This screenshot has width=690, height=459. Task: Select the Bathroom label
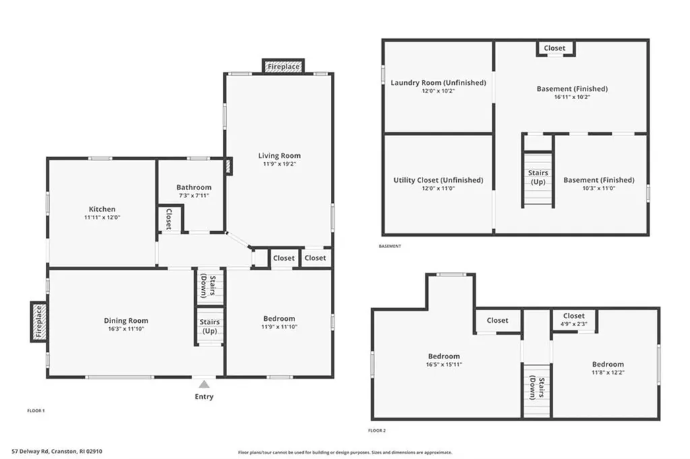(194, 187)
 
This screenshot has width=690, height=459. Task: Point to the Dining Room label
(126, 321)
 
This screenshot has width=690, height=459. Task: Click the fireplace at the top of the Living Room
(283, 66)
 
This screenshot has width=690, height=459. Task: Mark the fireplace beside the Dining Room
(38, 322)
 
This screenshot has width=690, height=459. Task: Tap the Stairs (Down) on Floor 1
(210, 286)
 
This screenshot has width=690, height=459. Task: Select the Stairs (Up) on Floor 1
(210, 326)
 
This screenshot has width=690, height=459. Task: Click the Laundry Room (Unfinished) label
(438, 83)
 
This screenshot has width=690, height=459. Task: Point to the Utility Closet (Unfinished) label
(438, 180)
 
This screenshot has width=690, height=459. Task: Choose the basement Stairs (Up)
(538, 178)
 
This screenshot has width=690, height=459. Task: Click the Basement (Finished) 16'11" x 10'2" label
(572, 89)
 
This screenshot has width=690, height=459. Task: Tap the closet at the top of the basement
(555, 49)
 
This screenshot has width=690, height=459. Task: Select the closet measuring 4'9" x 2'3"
(573, 319)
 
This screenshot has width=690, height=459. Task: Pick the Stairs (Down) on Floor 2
(537, 388)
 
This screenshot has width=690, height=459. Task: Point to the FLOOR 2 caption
(377, 430)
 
